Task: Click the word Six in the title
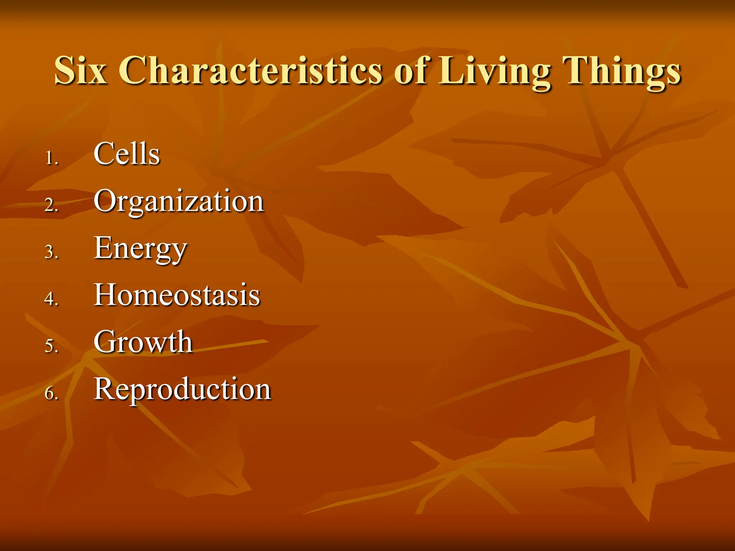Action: pyautogui.click(x=81, y=70)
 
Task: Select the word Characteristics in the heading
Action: pyautogui.click(x=251, y=70)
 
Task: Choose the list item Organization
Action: pyautogui.click(x=179, y=202)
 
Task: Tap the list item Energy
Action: pyautogui.click(x=140, y=249)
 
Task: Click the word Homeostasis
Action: pyautogui.click(x=177, y=295)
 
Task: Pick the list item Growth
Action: pyautogui.click(x=143, y=342)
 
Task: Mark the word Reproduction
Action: pyautogui.click(x=182, y=389)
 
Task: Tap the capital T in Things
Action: pyautogui.click(x=576, y=70)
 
